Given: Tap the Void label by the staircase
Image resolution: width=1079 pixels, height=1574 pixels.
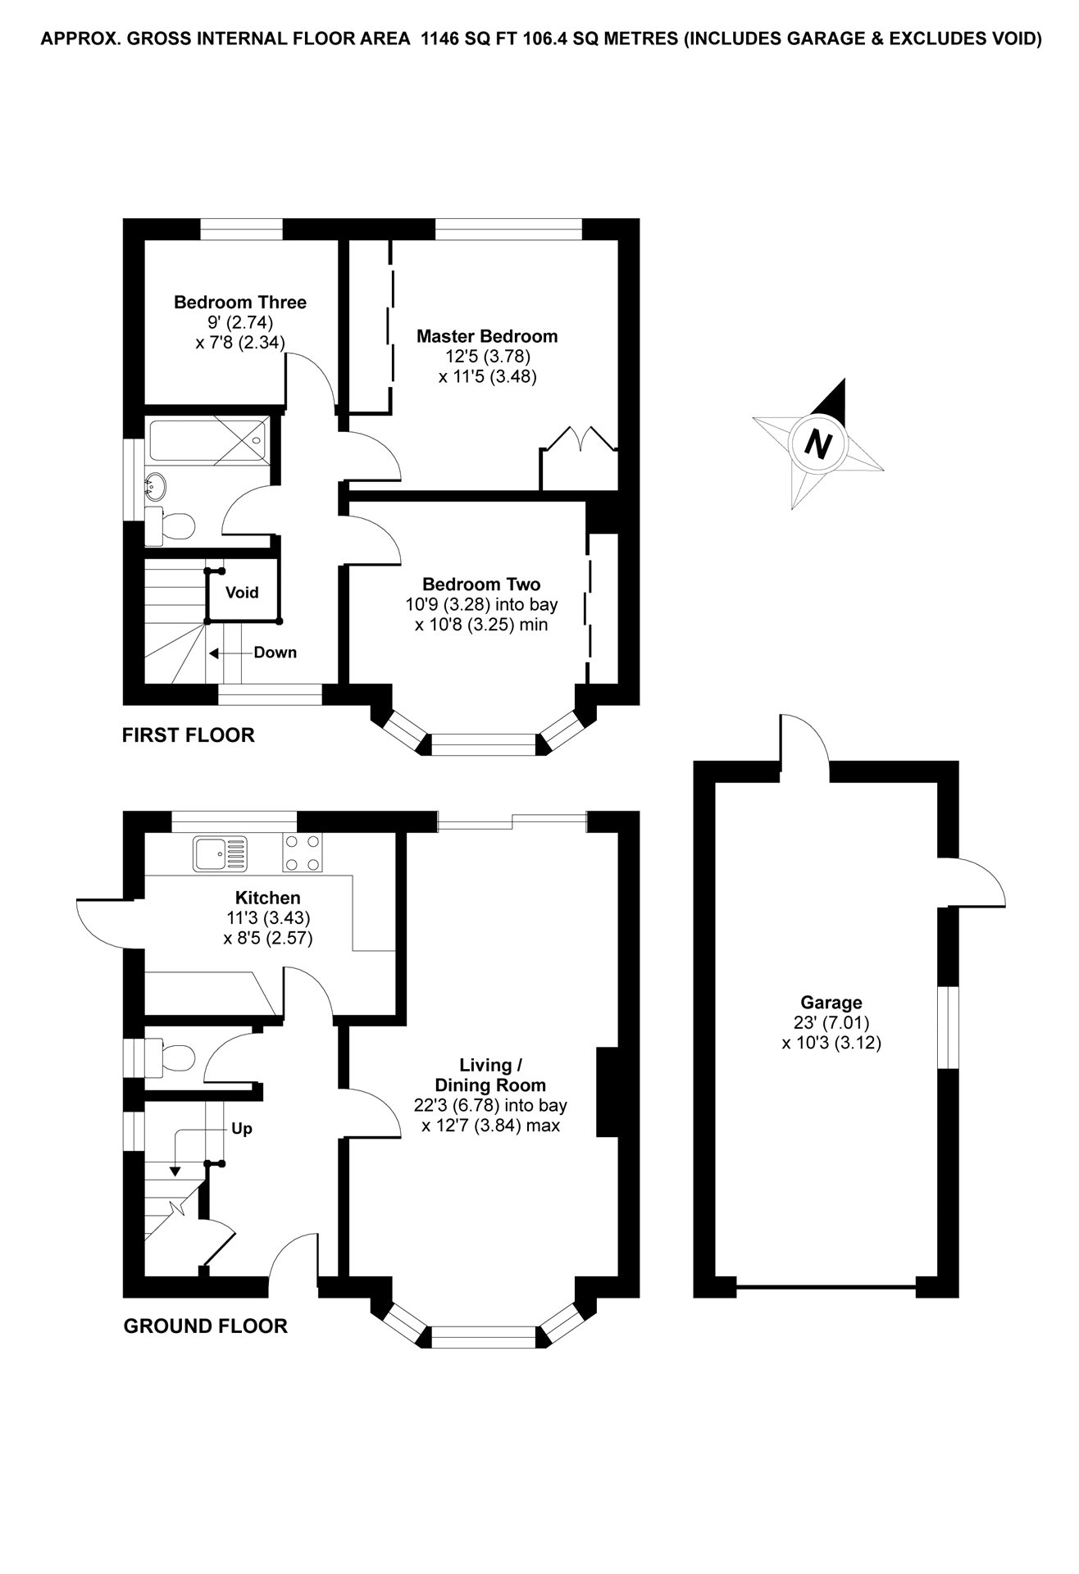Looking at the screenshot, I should (x=242, y=592).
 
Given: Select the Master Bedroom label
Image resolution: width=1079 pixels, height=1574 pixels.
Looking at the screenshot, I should (x=486, y=336).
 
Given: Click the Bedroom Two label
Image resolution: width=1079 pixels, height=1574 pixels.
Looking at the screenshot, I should (x=481, y=585).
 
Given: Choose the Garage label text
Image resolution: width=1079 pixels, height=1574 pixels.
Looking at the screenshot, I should (x=831, y=1002).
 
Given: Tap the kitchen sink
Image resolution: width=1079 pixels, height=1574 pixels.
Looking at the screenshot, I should (x=220, y=853).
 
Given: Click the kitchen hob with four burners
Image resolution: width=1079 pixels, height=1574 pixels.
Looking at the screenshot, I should (x=303, y=853).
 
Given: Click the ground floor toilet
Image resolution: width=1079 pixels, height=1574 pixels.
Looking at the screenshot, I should (x=171, y=1058).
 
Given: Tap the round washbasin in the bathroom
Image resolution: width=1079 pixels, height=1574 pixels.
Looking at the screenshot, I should (x=156, y=487).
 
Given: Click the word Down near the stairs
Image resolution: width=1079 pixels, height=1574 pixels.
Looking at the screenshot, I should (x=275, y=653).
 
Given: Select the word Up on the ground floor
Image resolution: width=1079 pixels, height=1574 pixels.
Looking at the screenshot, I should (x=241, y=1129).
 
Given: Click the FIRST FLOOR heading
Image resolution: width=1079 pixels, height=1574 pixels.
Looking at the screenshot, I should (x=188, y=735).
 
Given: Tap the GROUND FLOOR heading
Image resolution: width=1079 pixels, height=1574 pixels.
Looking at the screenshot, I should (x=205, y=1326).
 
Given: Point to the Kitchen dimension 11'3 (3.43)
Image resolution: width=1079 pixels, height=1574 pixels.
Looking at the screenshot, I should (x=268, y=917).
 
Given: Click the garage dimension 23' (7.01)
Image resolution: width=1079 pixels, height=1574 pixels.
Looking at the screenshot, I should (x=831, y=1022).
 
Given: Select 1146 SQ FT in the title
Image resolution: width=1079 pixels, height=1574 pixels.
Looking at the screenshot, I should (x=464, y=39).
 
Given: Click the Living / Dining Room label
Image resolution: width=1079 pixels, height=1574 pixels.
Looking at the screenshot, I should (x=491, y=1075).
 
